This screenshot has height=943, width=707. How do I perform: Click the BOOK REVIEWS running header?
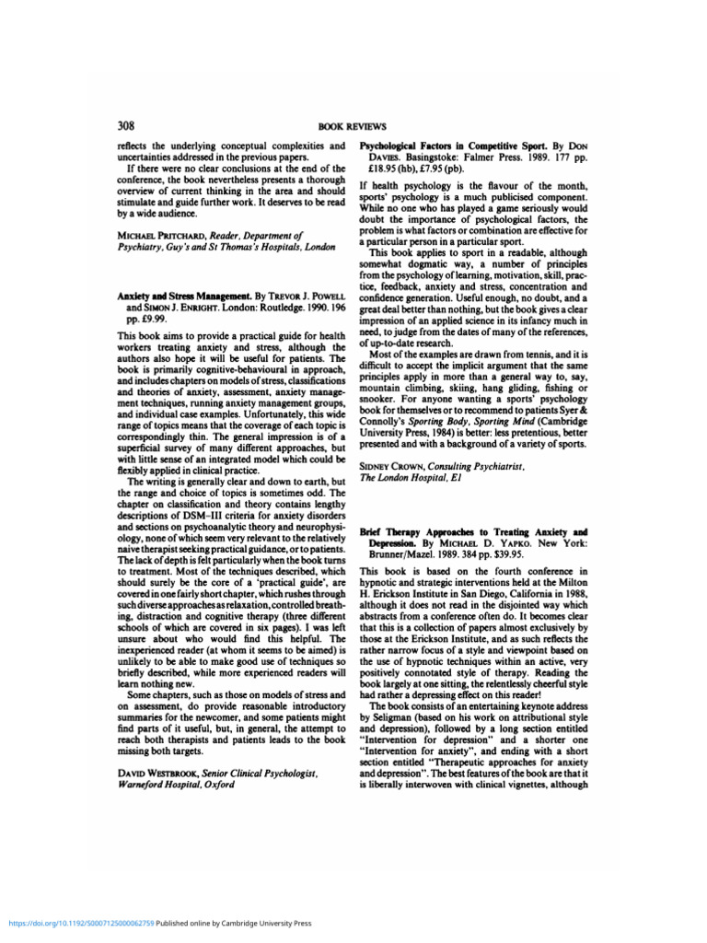click(353, 126)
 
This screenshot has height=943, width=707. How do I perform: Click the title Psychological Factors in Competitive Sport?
click(451, 146)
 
